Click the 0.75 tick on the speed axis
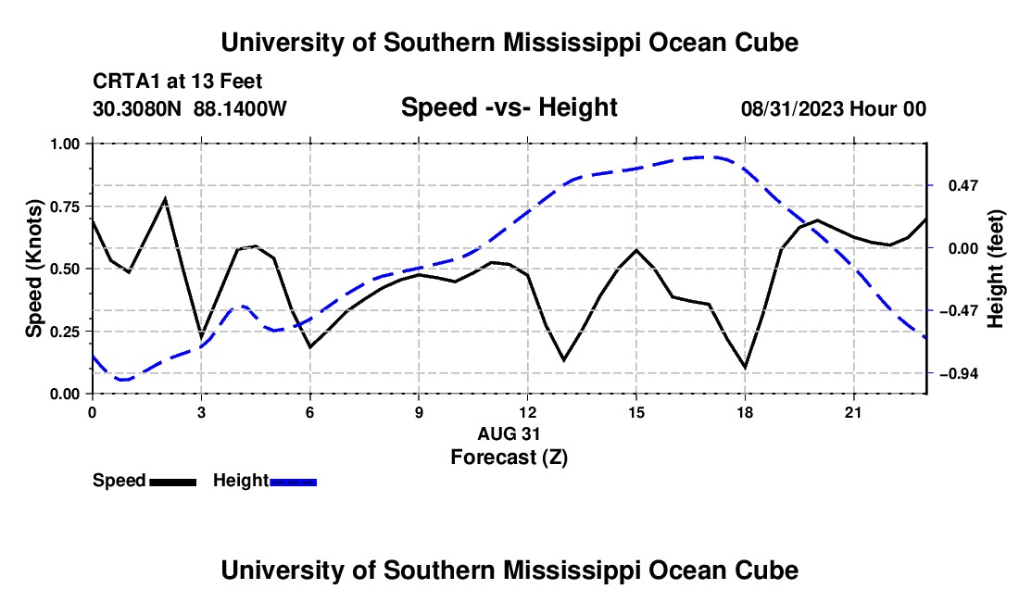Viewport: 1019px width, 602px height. pos(90,207)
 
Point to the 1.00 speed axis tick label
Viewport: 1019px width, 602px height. pos(64,144)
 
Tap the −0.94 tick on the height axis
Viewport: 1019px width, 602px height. pos(930,373)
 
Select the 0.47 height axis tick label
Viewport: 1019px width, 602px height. pos(963,186)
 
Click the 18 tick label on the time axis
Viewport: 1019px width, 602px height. pos(745,412)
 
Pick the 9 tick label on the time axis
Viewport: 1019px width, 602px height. pos(419,412)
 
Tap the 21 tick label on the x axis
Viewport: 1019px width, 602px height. pos(853,412)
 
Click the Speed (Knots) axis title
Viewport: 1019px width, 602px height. pos(33,269)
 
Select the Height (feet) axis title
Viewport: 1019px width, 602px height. pos(996,269)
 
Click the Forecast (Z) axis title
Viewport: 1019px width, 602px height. pos(509,458)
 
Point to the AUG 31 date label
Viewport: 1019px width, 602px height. pos(509,433)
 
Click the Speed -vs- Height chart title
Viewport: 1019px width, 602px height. pos(509,107)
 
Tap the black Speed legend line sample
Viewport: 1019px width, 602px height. pos(173,483)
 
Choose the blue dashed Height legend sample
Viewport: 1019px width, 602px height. pos(293,483)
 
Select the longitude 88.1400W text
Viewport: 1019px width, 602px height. pos(240,108)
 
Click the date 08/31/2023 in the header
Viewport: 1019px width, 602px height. pos(793,108)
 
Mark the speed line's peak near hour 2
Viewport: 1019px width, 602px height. pos(165,198)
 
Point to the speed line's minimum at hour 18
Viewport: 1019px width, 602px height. pos(745,369)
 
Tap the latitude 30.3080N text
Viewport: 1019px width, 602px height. pos(137,108)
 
